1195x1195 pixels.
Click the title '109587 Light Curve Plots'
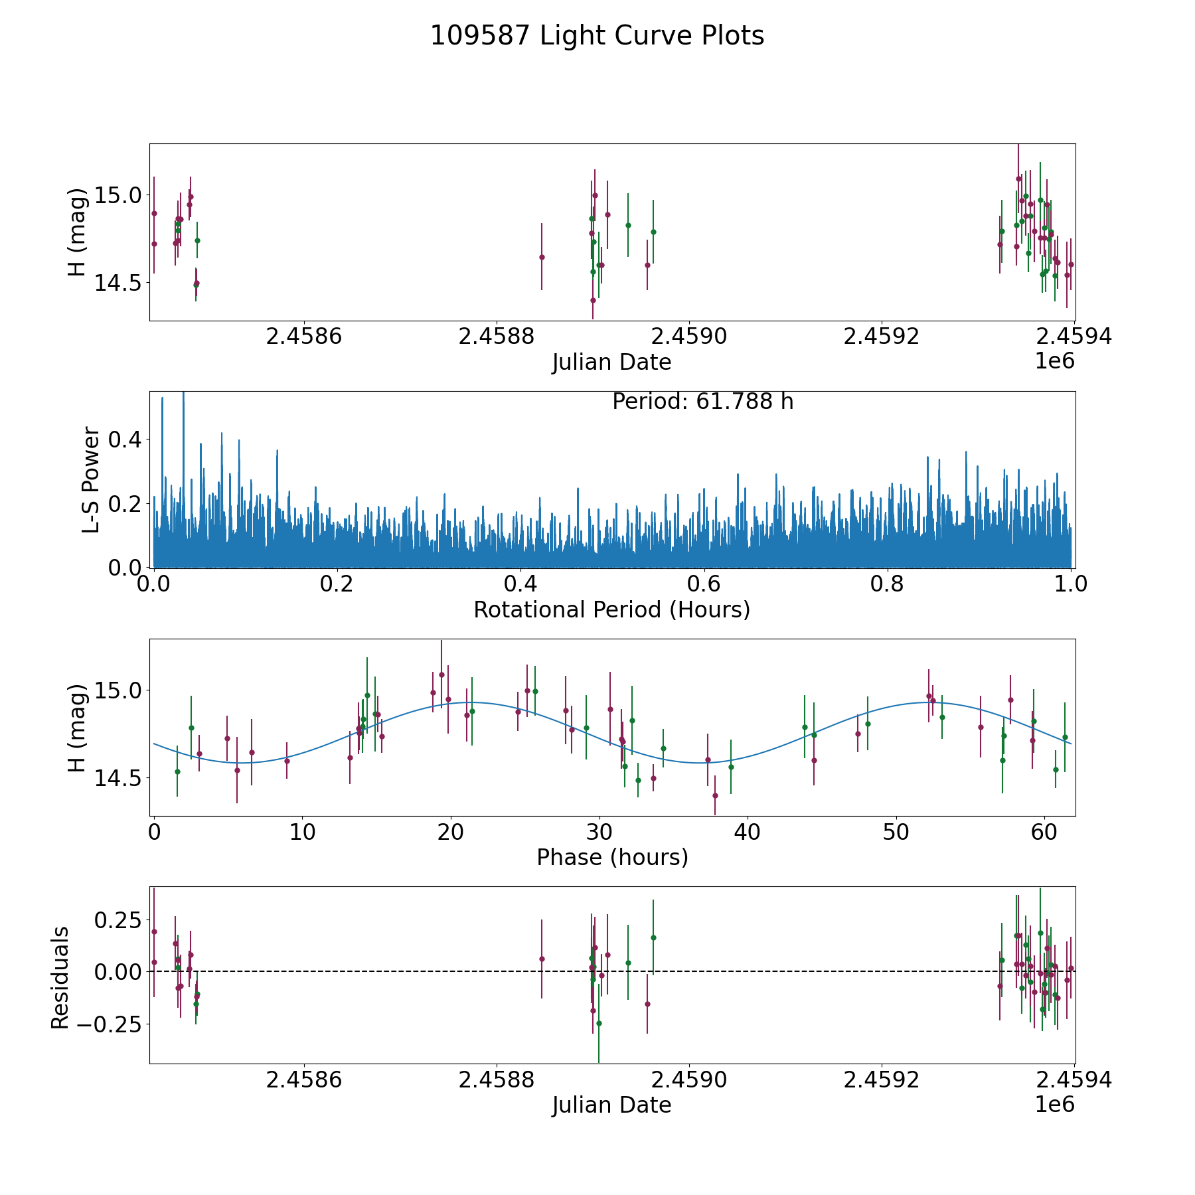(x=597, y=36)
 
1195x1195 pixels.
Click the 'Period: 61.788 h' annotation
(x=702, y=402)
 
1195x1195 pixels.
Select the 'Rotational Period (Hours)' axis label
(x=611, y=609)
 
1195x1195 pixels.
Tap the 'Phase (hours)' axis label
(x=612, y=857)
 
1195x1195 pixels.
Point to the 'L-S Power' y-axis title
(x=91, y=479)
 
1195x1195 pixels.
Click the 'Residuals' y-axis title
(x=60, y=978)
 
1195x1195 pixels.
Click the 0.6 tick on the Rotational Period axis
(x=704, y=585)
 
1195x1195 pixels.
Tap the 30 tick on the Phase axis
(x=599, y=833)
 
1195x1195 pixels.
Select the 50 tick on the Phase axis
(x=896, y=833)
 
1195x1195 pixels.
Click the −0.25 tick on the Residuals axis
(x=114, y=1024)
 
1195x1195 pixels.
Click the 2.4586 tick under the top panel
(x=303, y=337)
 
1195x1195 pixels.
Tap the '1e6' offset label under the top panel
(x=1054, y=361)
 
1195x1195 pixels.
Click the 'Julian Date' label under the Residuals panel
(x=611, y=1105)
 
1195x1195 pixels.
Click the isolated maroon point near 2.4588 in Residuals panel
(x=542, y=959)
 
